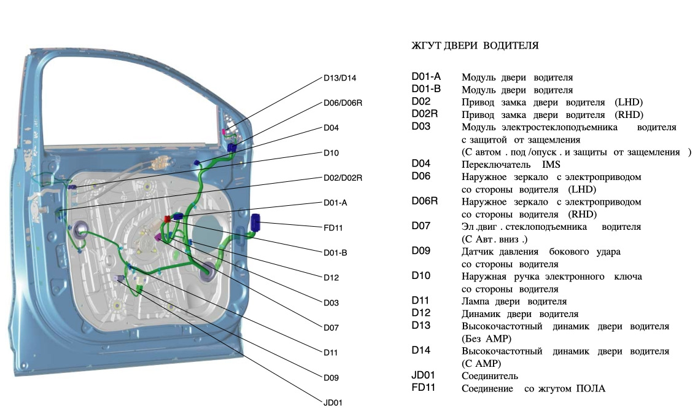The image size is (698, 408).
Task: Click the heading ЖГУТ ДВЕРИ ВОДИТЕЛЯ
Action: (475, 46)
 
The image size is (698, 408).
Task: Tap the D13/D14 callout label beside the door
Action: (339, 78)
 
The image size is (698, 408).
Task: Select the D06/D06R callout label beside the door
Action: (343, 103)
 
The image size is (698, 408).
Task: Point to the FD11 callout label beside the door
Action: (333, 227)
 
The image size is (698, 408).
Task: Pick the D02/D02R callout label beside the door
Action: (343, 178)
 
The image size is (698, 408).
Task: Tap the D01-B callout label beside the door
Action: (335, 252)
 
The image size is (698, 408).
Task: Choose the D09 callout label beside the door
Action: (331, 377)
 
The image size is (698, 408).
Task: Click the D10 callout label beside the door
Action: (331, 152)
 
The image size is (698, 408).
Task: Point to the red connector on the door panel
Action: (168, 219)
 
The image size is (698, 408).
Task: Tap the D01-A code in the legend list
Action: (425, 77)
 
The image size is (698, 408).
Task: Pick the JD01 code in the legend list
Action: (423, 375)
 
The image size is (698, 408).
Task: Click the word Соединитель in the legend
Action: (489, 376)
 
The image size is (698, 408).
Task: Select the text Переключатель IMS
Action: (511, 165)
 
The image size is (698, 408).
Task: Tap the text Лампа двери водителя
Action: (514, 302)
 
